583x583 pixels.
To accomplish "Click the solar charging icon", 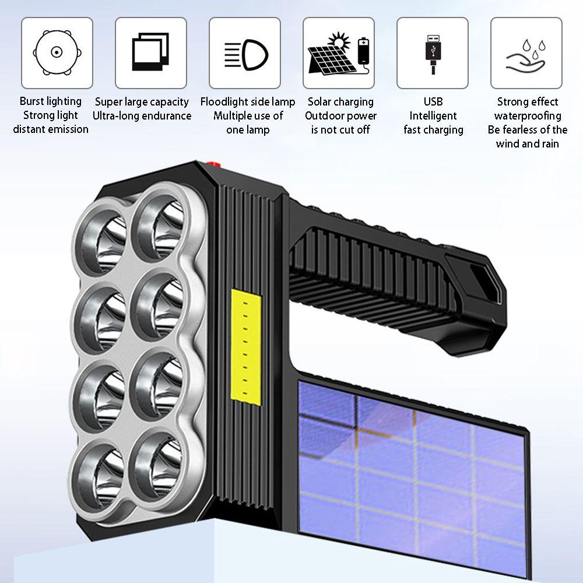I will tap(339, 52).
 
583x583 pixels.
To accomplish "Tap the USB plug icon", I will tap(433, 52).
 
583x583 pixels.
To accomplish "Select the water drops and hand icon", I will tap(526, 52).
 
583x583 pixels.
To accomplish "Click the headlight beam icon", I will tap(245, 52).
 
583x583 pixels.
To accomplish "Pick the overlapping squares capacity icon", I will tap(151, 52).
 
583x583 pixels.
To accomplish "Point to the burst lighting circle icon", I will tap(57, 52).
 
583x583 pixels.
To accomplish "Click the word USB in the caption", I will tap(433, 102).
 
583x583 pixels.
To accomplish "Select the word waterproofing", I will tap(528, 116).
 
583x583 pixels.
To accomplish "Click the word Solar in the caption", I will tap(321, 102).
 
